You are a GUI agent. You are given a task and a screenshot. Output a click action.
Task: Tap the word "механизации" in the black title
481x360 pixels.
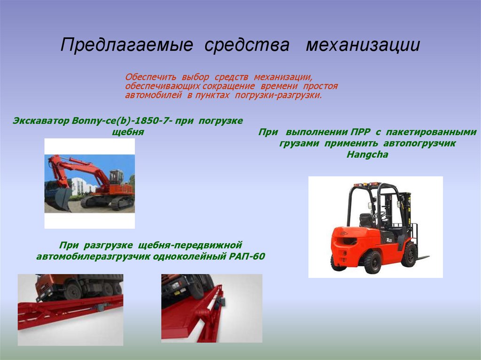[x=363, y=45]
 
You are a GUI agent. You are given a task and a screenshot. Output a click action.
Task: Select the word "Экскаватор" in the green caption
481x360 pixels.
[x=41, y=121]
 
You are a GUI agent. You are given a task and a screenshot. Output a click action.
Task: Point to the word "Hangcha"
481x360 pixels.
[x=367, y=155]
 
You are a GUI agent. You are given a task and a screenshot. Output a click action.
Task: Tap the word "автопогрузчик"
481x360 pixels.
[x=419, y=144]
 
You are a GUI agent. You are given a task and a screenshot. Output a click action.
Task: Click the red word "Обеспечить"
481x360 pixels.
[x=150, y=77]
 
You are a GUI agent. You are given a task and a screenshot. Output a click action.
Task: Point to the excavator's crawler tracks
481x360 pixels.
[x=108, y=202]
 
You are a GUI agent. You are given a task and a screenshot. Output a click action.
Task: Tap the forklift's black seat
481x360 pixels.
[x=367, y=220]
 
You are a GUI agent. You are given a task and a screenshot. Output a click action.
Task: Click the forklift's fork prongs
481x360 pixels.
[x=423, y=257]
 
